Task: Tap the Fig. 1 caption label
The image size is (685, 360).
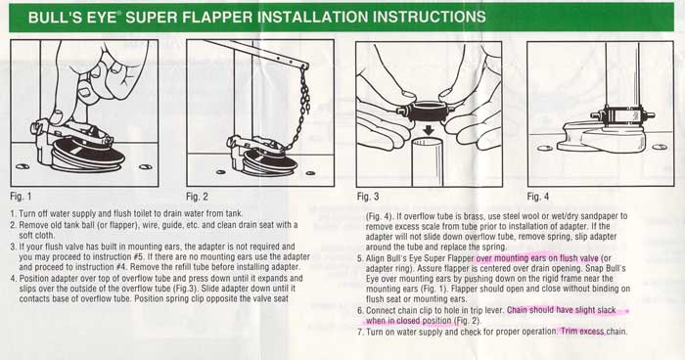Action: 21,197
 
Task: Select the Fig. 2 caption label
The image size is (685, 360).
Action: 197,197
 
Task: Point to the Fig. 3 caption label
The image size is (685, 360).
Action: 368,197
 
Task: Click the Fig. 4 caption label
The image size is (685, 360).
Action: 538,197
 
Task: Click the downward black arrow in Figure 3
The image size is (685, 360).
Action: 429,131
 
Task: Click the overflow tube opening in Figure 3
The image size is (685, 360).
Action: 429,142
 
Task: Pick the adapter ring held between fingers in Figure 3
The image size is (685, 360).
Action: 429,112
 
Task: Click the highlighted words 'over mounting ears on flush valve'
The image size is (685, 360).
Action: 537,258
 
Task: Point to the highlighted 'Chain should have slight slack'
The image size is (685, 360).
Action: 562,310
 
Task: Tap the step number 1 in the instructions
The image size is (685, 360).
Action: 13,214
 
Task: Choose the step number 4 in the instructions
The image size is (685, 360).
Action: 13,278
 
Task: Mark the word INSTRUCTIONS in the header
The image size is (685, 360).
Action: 430,17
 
